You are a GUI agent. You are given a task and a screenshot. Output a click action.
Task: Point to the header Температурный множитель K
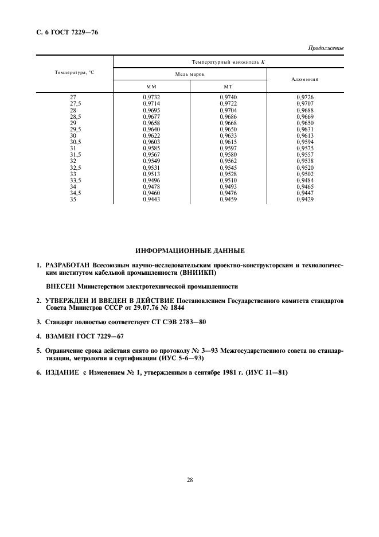(228, 61)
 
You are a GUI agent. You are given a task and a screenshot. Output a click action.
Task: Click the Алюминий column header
(304, 80)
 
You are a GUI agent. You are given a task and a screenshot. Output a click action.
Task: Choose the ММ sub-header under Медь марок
(151, 86)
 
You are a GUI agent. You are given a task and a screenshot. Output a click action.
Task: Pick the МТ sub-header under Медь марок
(228, 86)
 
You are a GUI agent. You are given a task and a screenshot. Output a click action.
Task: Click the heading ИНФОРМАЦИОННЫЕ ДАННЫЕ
(190, 251)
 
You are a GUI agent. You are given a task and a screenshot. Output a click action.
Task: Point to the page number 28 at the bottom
(189, 480)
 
